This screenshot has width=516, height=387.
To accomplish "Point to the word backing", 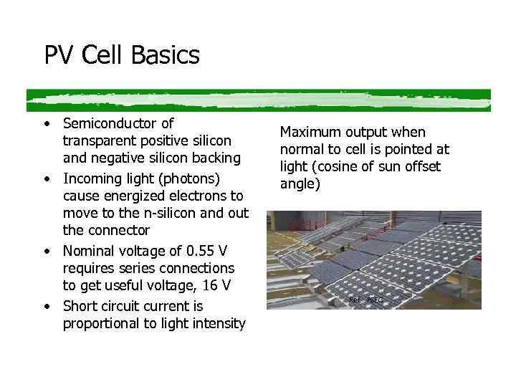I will pyautogui.click(x=216, y=158).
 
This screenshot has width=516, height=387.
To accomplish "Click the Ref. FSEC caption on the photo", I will pyautogui.click(x=365, y=300).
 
